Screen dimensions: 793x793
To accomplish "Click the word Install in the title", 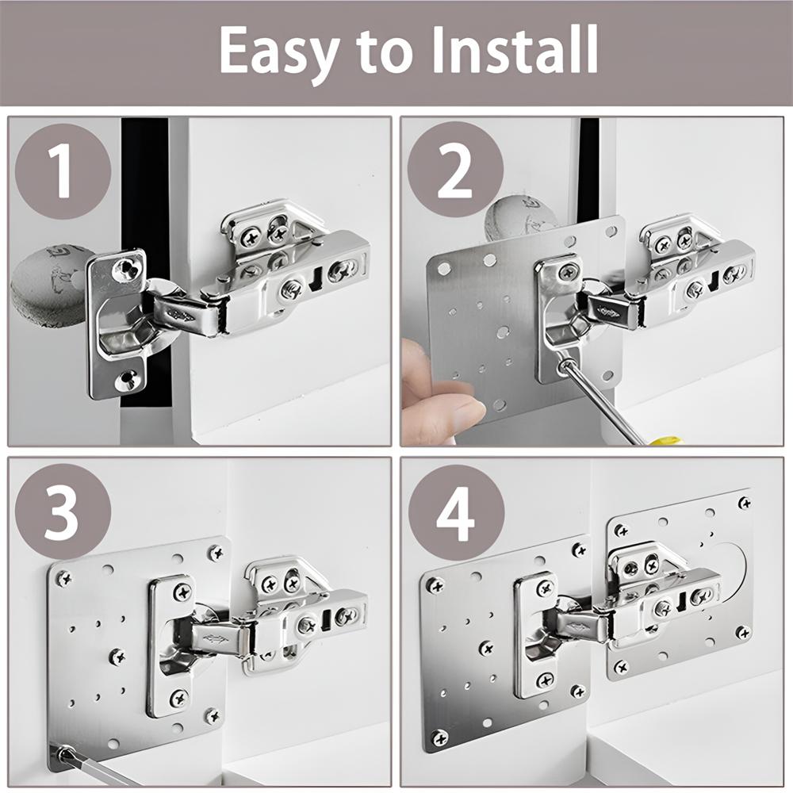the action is click(x=515, y=49).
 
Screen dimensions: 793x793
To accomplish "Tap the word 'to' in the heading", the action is click(x=385, y=52).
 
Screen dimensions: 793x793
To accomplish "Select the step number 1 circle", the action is click(x=63, y=171).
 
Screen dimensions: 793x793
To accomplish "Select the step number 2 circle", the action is click(x=455, y=171).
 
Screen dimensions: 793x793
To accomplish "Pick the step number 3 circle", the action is click(x=63, y=511).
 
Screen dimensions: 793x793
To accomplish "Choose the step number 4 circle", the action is click(x=456, y=512).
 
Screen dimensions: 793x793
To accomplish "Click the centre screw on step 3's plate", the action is click(x=117, y=657).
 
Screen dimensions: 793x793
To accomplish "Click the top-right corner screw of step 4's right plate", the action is click(x=744, y=504).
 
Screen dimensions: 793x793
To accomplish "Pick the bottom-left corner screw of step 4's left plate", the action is click(x=439, y=737).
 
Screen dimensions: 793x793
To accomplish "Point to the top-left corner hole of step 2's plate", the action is click(x=443, y=267).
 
